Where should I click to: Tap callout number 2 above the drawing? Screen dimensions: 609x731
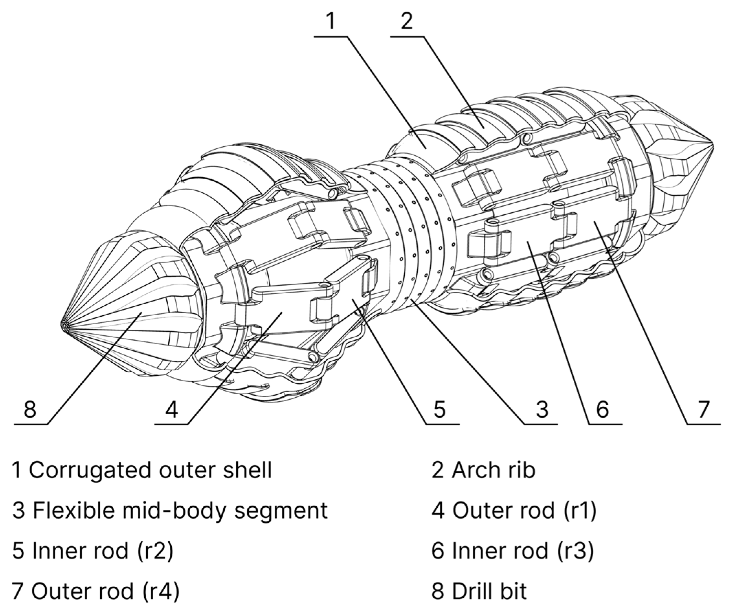click(406, 22)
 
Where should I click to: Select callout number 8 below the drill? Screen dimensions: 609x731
click(30, 409)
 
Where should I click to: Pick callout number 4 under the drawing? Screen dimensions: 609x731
click(172, 409)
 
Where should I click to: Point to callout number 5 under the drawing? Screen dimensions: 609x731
click(440, 409)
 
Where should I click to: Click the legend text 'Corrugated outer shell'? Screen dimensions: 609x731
click(150, 471)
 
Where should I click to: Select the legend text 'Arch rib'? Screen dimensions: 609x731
click(493, 471)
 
